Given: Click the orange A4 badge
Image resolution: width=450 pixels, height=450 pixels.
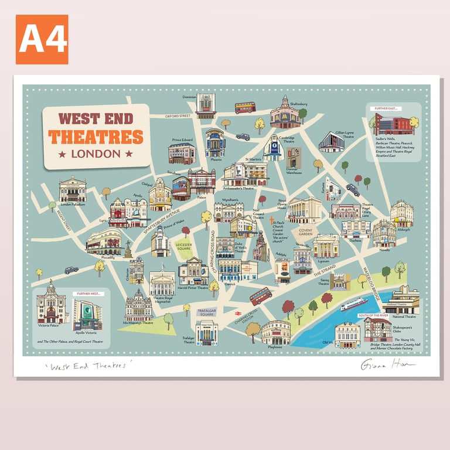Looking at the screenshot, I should point(42,39).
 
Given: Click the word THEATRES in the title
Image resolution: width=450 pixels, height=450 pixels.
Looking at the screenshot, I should point(96,137).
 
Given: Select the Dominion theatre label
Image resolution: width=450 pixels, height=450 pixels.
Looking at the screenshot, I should point(189,97).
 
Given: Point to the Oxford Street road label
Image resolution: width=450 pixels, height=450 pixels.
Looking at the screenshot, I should point(178,116).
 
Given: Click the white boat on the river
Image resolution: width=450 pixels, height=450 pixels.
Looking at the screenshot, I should point(354,304).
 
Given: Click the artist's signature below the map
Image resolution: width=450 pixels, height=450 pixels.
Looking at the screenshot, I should point(387,364).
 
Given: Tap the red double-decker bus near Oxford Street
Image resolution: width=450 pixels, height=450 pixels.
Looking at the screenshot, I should point(245,108).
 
